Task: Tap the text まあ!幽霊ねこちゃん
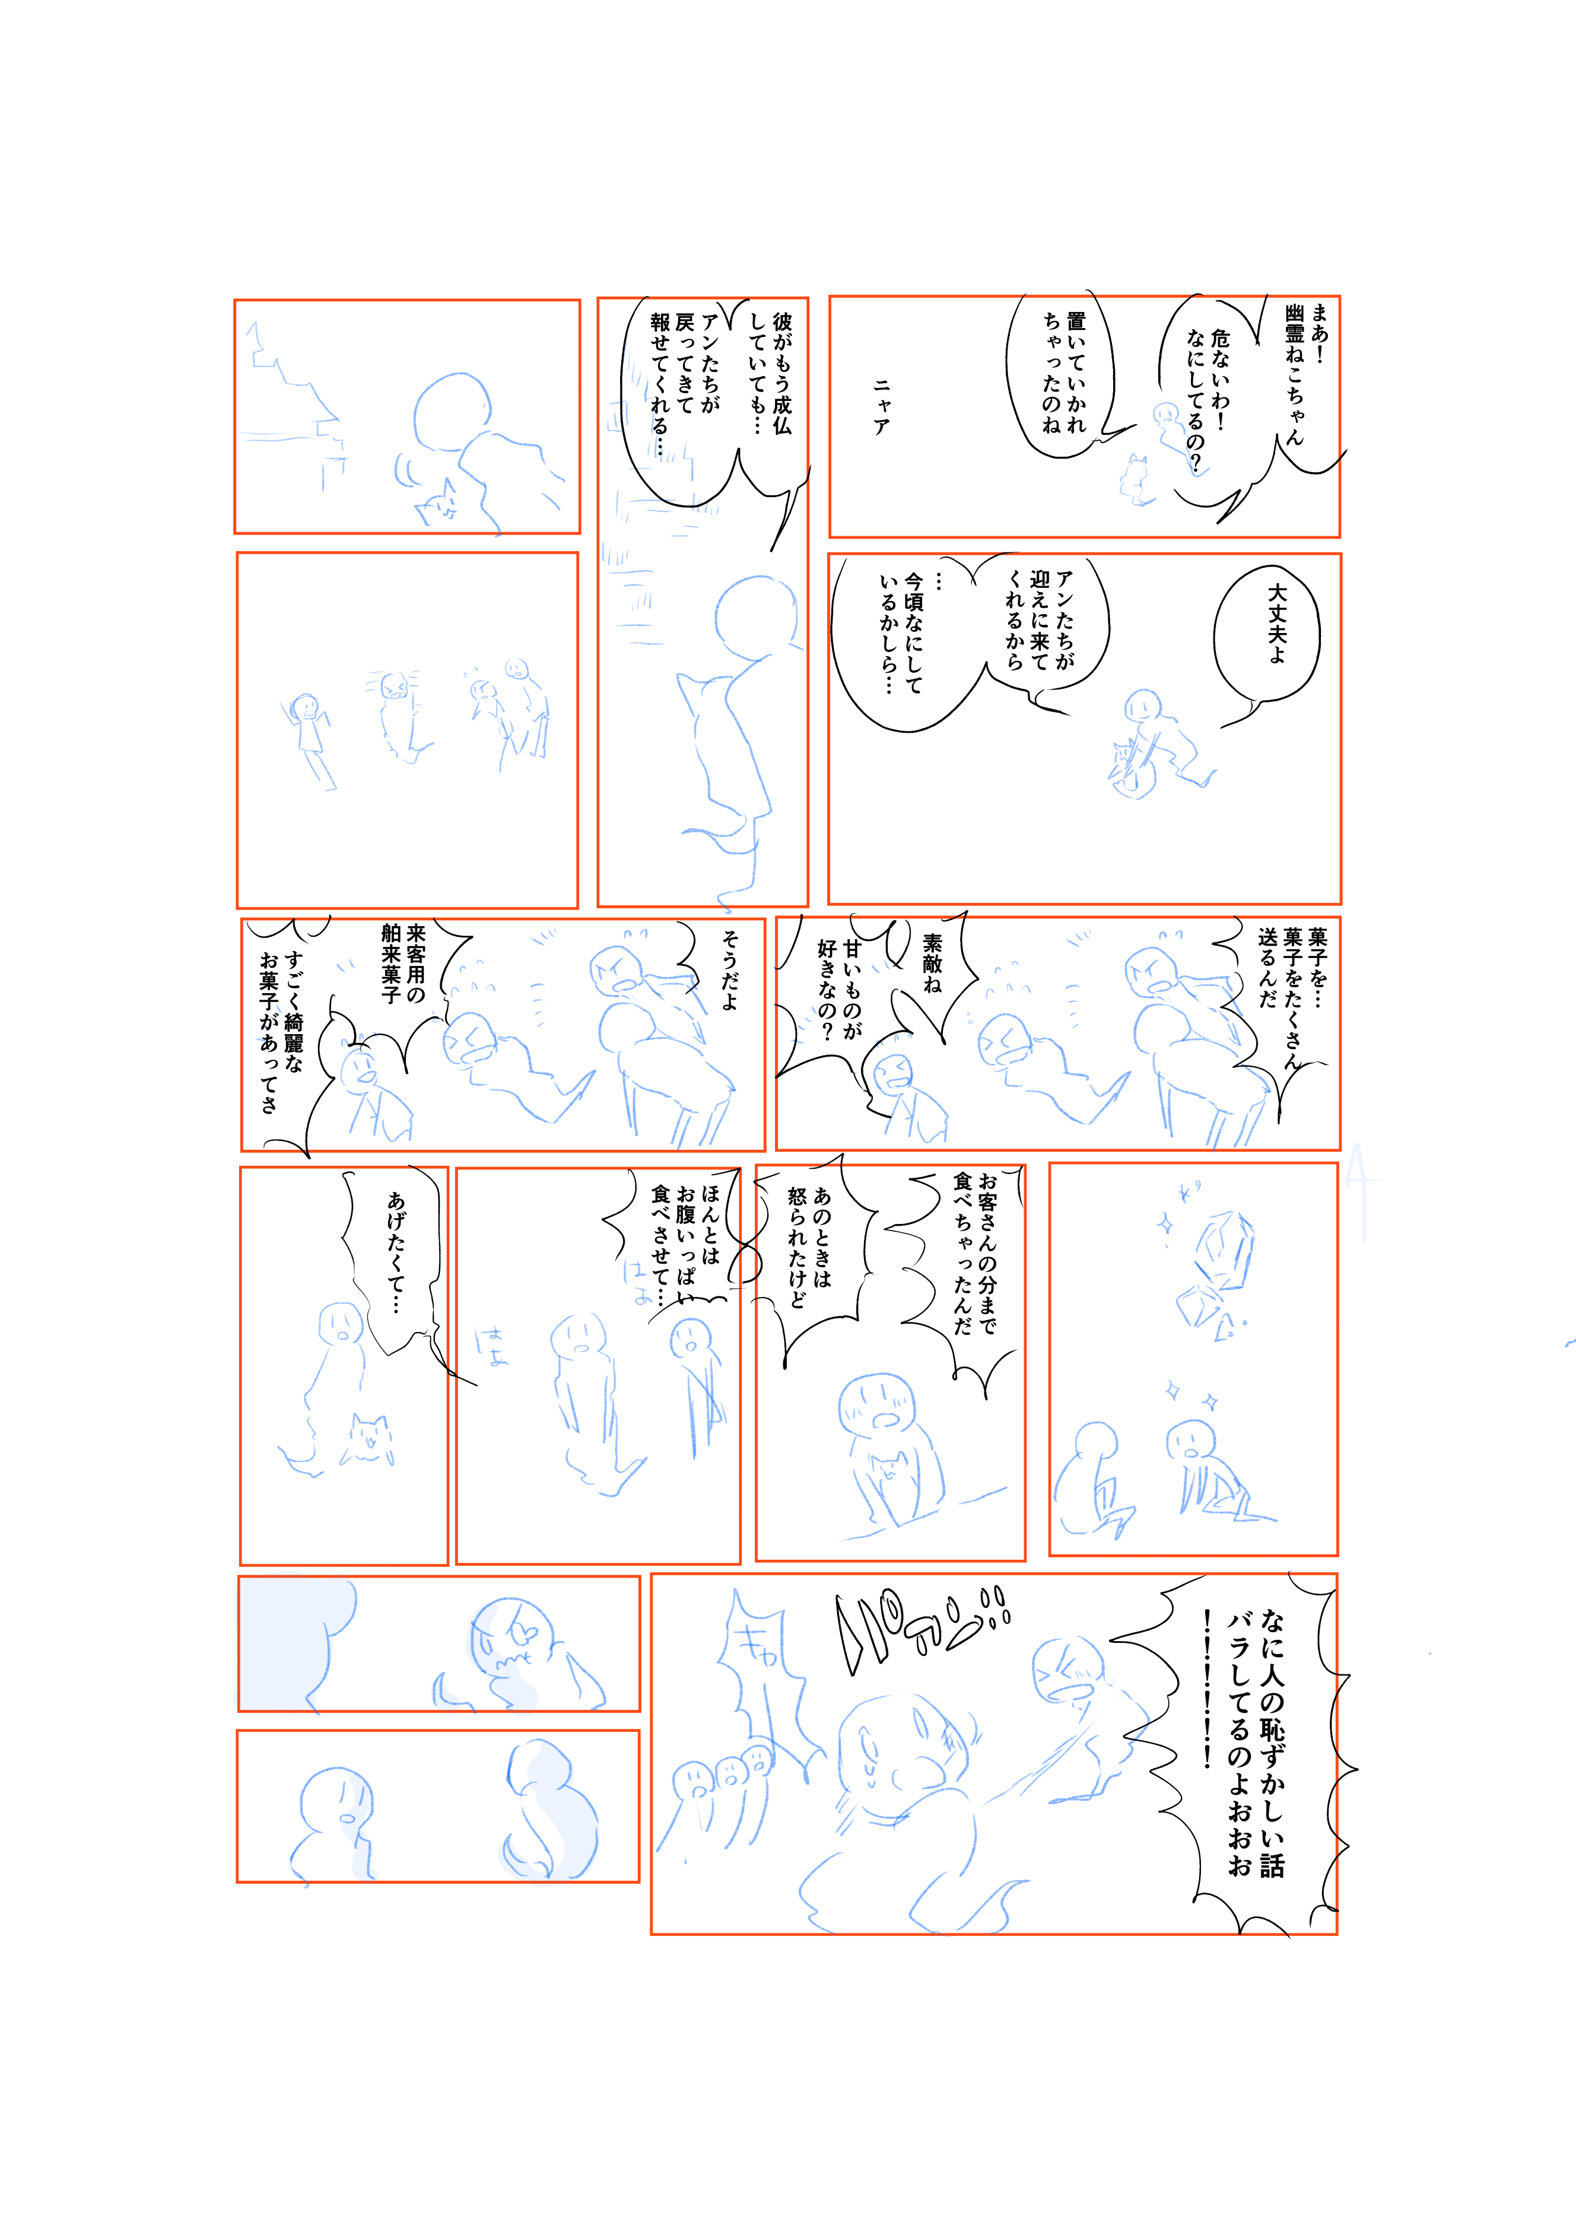[x=1305, y=374]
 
